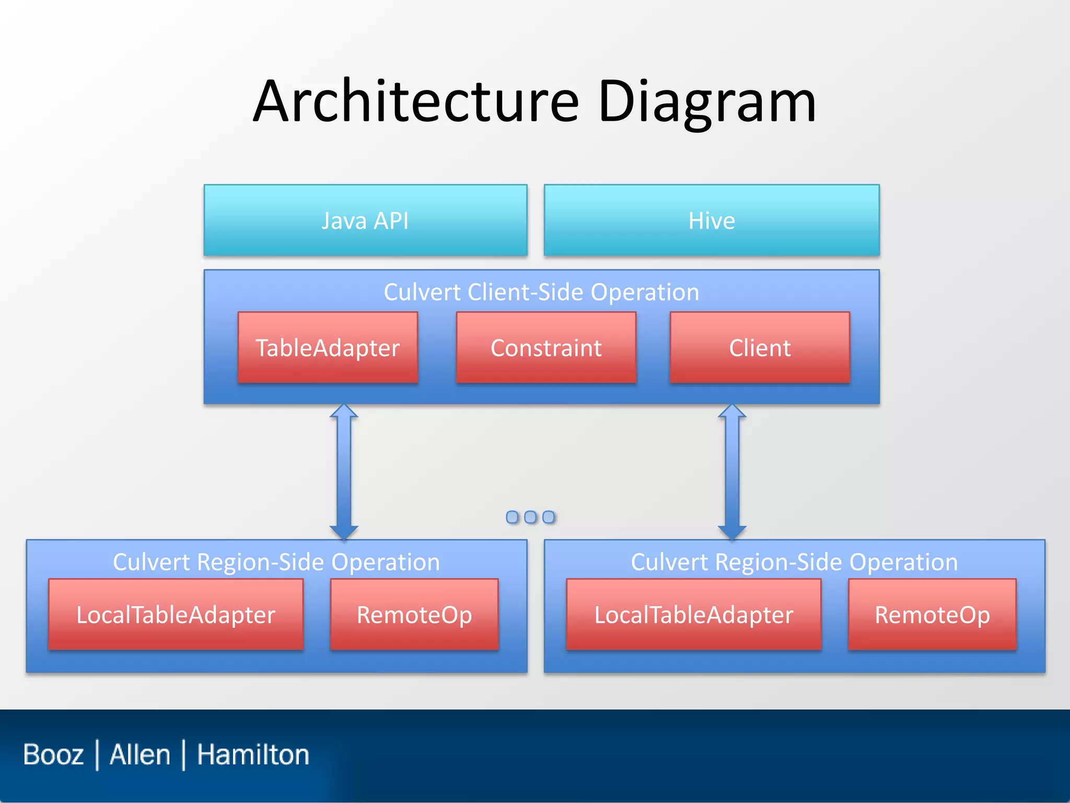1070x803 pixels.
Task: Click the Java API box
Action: coord(365,220)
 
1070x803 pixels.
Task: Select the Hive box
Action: coord(712,220)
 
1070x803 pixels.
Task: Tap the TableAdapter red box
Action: coord(328,348)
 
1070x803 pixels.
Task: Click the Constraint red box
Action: coord(546,348)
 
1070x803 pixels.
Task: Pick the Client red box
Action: coord(760,348)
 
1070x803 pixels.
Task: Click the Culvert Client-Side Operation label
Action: coord(541,292)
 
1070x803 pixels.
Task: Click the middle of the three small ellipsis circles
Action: coord(530,517)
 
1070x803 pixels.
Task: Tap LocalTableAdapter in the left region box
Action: coord(176,615)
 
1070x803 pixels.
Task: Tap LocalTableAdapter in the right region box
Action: coord(694,615)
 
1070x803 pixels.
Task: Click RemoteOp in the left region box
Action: coord(414,615)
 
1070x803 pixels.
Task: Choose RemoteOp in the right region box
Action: coord(933,615)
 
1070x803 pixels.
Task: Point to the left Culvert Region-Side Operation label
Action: coord(276,562)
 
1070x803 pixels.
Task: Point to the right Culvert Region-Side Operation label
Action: coord(794,562)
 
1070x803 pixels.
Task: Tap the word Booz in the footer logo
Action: coord(53,754)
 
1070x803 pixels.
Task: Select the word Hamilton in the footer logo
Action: coord(253,754)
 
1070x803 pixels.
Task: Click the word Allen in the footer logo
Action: coord(140,754)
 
